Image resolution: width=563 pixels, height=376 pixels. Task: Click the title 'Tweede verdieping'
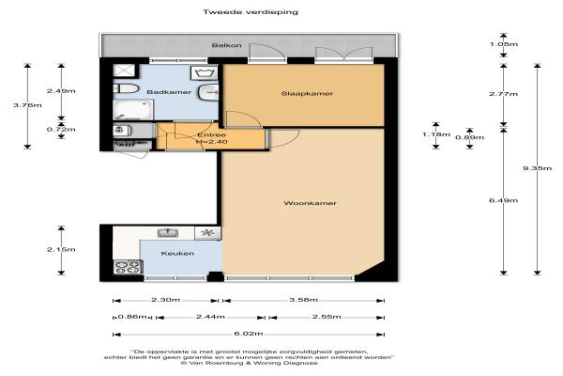click(251, 12)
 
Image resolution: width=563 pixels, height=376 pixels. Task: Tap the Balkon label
click(226, 45)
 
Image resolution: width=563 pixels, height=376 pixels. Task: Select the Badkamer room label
click(169, 92)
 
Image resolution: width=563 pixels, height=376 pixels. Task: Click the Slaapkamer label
click(307, 94)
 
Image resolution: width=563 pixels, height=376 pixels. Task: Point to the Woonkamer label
click(311, 203)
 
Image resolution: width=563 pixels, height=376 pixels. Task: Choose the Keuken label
click(177, 253)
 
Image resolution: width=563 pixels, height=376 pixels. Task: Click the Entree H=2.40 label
click(212, 138)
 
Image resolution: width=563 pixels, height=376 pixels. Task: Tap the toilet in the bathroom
click(126, 88)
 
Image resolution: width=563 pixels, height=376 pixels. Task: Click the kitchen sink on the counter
click(168, 233)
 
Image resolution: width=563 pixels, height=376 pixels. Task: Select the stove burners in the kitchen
click(128, 267)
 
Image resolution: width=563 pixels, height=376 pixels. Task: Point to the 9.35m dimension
click(537, 168)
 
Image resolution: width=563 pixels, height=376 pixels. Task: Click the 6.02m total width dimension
click(249, 334)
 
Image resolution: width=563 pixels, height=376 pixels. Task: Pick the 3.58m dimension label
click(303, 299)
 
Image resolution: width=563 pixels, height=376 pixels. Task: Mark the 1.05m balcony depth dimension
click(504, 44)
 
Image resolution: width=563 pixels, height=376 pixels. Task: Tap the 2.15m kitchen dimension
click(61, 249)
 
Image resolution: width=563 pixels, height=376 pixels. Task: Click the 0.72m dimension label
click(61, 129)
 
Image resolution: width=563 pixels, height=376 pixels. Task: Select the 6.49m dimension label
click(503, 200)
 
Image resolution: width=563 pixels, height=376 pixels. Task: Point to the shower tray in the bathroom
click(124, 70)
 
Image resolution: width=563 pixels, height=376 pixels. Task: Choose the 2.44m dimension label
click(210, 317)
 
